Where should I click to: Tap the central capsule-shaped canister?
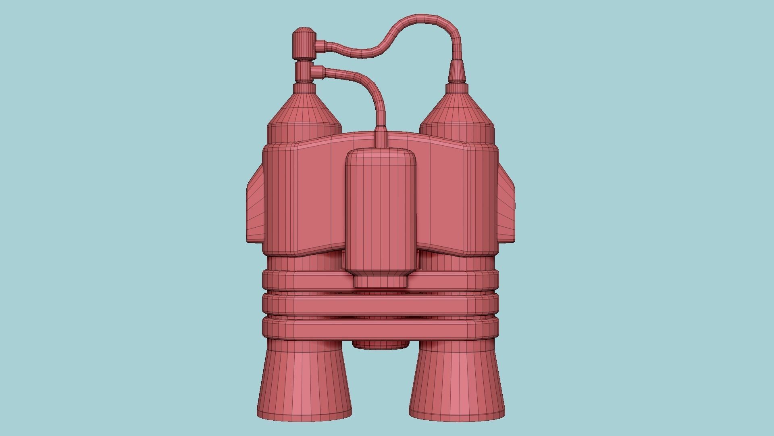(x=381, y=210)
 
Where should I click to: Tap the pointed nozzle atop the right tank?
(x=457, y=73)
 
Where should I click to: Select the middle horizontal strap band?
(x=381, y=305)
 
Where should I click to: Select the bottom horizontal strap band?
(x=381, y=329)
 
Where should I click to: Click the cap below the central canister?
(x=381, y=281)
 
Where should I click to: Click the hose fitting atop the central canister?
(x=381, y=138)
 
